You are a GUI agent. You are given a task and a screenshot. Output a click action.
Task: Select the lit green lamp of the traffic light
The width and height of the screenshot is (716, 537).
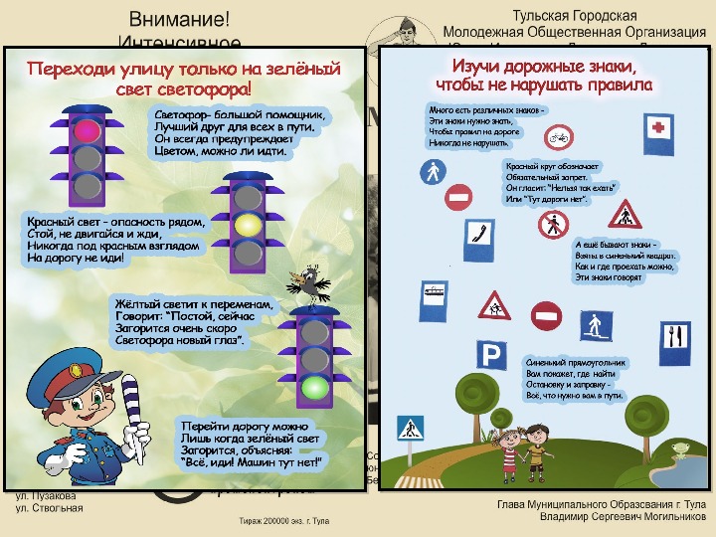[316, 387]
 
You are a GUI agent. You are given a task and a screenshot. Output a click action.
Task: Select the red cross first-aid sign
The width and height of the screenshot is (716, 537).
[658, 127]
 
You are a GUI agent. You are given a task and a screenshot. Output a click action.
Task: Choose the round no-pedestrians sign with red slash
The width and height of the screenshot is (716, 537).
[553, 225]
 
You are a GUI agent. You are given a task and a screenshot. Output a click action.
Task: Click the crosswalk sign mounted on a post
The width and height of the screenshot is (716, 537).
[410, 430]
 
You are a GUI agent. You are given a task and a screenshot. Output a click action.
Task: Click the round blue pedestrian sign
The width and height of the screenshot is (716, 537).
[434, 172]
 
